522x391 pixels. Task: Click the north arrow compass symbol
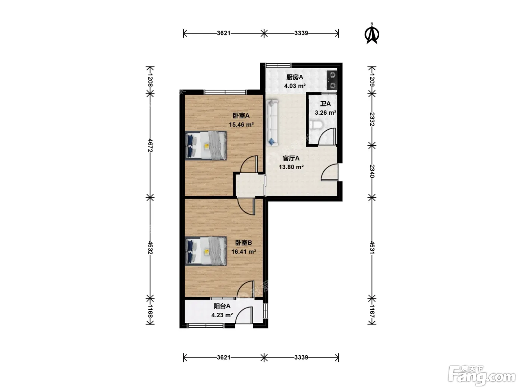372,34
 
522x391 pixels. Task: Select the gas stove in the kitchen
332,80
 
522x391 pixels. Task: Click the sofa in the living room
272,123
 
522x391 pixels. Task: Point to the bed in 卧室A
206,145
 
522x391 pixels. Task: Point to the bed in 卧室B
206,251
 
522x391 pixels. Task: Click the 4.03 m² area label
295,86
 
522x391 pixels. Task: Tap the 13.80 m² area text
291,167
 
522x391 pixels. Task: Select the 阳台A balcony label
222,306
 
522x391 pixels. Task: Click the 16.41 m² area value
243,251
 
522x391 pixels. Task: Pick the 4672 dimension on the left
150,145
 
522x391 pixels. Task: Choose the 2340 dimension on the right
372,171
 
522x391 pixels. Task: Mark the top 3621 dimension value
224,33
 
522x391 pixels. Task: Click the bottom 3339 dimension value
301,357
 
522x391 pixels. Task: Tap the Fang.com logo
482,376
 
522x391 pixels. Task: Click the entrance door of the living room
329,172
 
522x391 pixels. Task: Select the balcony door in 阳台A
244,315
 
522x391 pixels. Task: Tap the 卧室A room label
241,115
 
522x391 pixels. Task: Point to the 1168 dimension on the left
150,311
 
